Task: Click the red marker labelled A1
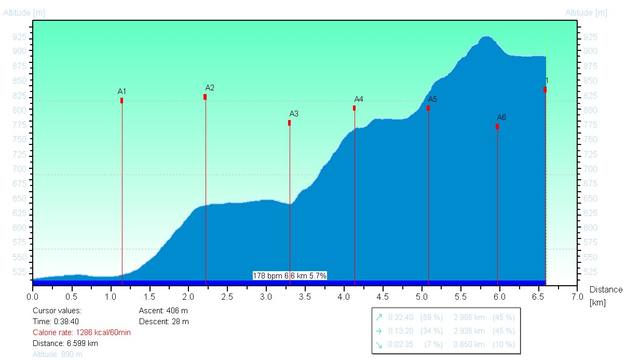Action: click(x=121, y=100)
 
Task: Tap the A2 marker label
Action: click(x=210, y=88)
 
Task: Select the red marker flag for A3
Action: click(x=289, y=123)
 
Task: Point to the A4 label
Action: click(x=359, y=99)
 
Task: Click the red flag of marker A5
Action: click(x=428, y=108)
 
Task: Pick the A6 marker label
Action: click(x=501, y=117)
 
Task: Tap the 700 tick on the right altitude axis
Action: click(x=591, y=169)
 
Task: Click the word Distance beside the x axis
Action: click(x=605, y=290)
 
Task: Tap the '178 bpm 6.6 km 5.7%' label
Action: click(x=290, y=276)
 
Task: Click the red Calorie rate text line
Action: click(x=81, y=332)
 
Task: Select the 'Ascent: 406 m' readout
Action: click(x=164, y=311)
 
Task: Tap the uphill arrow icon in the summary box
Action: click(x=378, y=317)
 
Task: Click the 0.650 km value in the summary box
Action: click(x=469, y=344)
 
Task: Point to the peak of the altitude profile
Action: click(x=485, y=37)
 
